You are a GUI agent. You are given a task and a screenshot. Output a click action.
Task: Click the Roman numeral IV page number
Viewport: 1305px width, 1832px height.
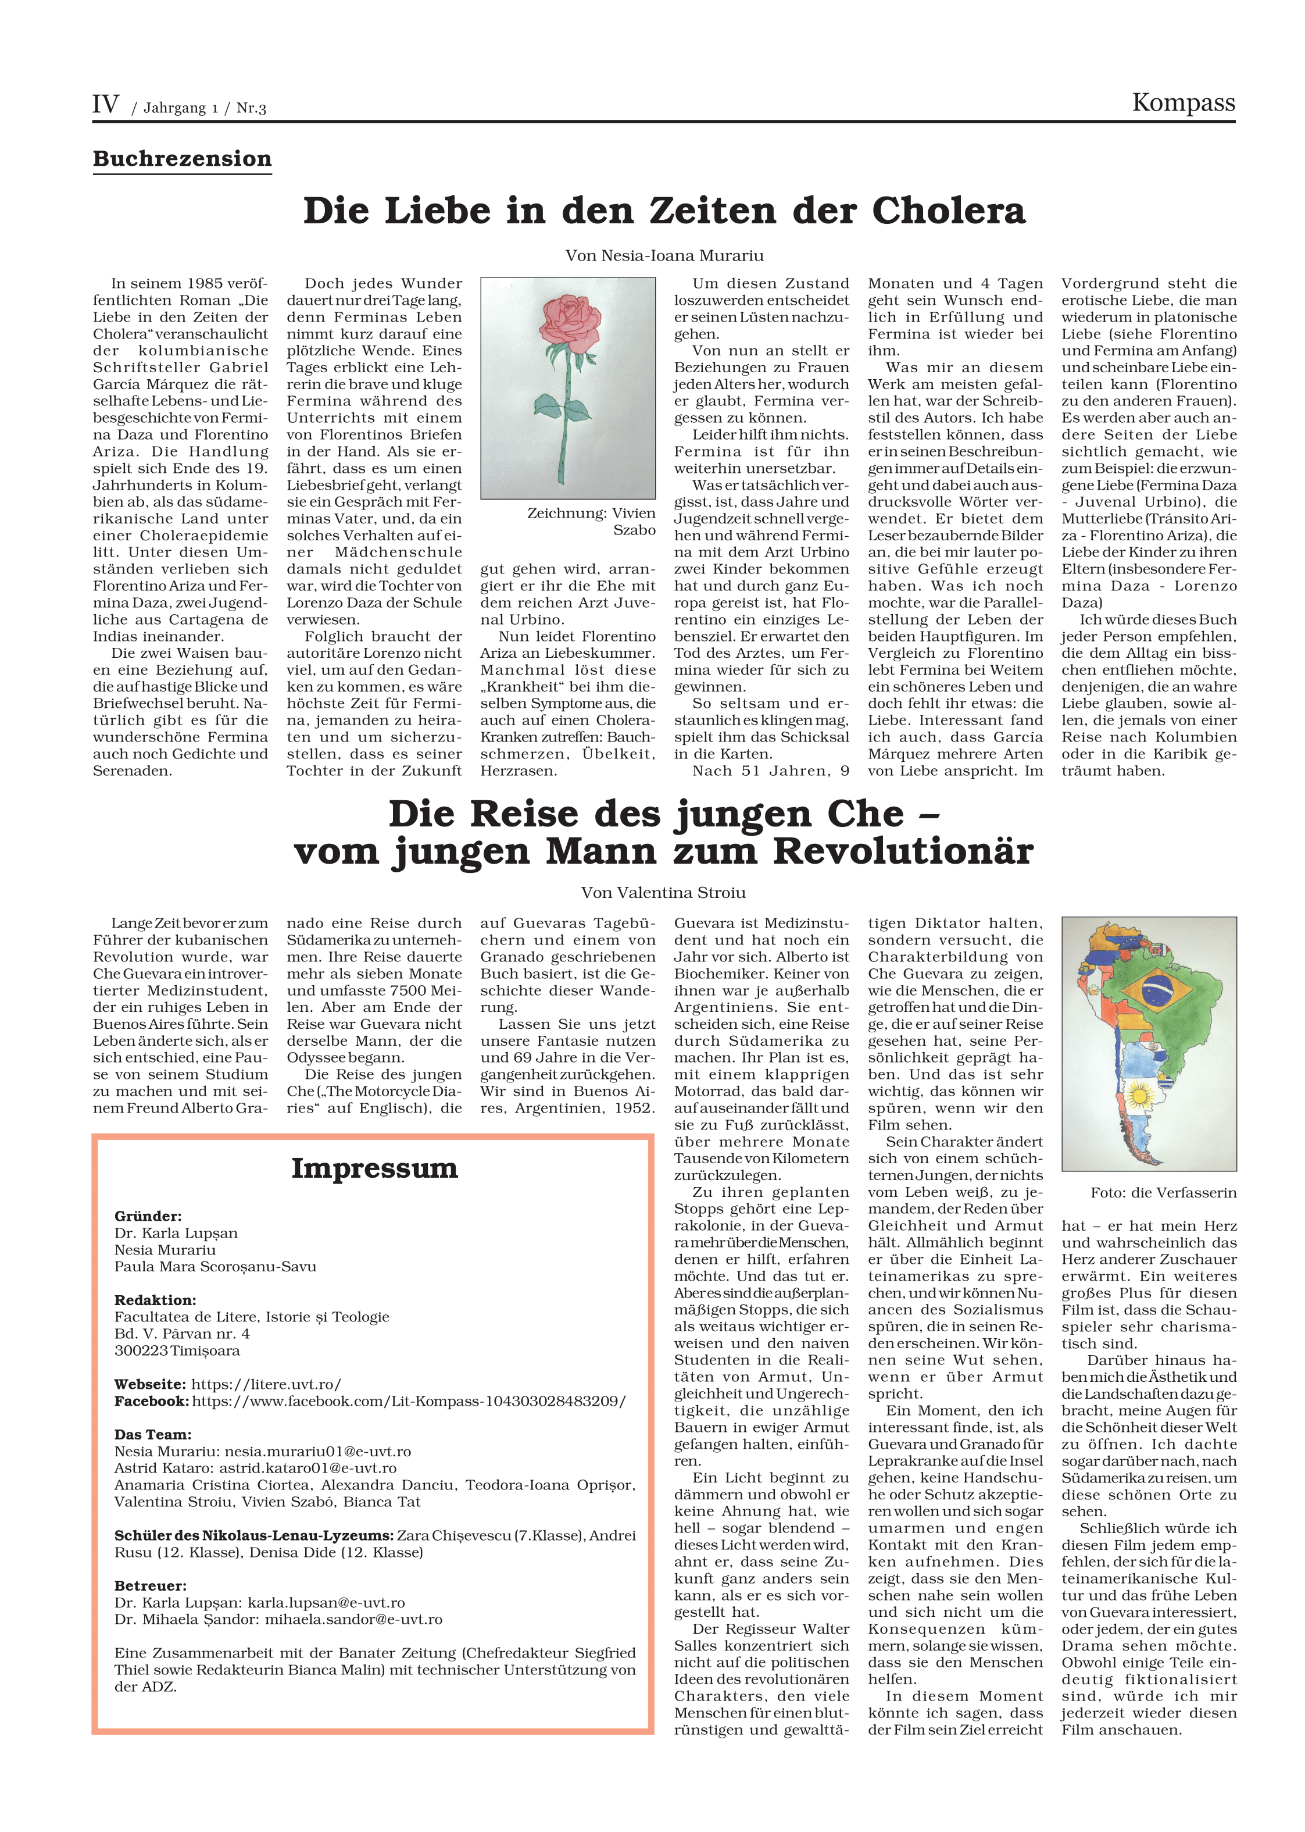tap(105, 105)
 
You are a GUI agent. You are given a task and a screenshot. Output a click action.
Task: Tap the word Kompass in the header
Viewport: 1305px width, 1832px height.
tap(1183, 103)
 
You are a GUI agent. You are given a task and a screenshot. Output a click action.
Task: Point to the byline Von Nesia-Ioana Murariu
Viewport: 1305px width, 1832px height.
tap(664, 256)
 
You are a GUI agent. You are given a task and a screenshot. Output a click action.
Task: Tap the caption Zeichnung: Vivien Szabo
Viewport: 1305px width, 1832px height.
tap(591, 521)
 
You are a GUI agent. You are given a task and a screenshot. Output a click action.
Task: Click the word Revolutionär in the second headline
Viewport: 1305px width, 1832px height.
tap(902, 852)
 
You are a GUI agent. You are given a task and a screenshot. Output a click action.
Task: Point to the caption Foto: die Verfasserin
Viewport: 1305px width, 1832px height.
tap(1163, 1193)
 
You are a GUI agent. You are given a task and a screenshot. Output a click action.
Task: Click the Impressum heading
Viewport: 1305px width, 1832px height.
tap(374, 1168)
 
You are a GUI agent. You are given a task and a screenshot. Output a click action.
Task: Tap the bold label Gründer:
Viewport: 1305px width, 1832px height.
tap(148, 1216)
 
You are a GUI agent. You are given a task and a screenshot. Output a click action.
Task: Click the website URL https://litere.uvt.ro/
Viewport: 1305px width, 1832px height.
tap(266, 1384)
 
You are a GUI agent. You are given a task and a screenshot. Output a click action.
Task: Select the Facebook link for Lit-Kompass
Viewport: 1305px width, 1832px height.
tap(408, 1401)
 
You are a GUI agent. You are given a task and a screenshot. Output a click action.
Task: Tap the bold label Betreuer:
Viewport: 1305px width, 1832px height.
tap(151, 1586)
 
